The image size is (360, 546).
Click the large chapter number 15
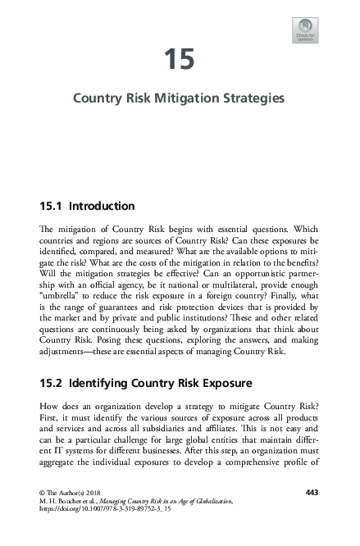179,60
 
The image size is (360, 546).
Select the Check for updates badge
305,30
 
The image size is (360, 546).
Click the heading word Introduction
102,206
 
